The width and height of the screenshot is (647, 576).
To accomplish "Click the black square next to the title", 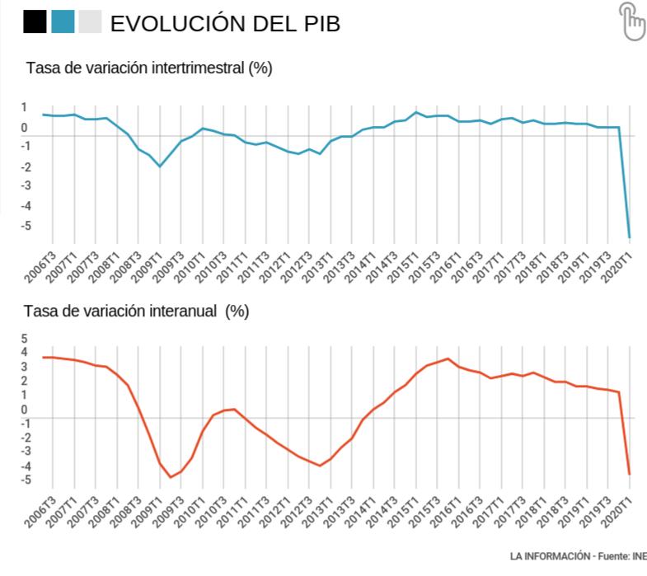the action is coord(35,21).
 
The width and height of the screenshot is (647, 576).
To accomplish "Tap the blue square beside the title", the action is coord(63,21).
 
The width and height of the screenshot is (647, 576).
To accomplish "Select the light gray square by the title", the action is coord(90,21).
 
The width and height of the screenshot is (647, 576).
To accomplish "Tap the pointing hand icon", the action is coord(631,21).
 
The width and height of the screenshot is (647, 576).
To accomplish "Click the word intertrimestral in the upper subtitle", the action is coord(198,68).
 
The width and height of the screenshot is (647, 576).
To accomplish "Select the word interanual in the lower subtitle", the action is coord(183,311).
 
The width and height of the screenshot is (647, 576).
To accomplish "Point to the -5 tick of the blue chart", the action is coord(26,226).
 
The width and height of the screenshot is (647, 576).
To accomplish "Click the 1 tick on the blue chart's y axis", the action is coord(24,107).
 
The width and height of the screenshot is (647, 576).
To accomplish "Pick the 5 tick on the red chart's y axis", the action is coord(24,339).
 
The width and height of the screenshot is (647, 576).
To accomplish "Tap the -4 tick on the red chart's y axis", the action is coord(26,466).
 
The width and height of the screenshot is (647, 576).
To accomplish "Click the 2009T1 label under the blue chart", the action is coord(147,267).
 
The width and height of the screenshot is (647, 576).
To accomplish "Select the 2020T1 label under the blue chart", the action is coord(617,267).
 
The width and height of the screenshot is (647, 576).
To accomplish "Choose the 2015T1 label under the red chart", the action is coord(403,512).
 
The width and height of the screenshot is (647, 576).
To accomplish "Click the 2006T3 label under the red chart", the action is coord(40,512).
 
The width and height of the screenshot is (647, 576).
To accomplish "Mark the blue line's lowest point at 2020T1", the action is coord(629,237).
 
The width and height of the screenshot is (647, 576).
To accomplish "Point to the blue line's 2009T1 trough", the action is coord(160,166).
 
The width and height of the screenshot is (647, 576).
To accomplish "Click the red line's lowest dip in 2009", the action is coord(171,477).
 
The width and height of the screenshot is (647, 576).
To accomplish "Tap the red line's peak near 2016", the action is coord(448,359).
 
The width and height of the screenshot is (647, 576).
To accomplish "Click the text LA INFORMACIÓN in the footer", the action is coord(550,556).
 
